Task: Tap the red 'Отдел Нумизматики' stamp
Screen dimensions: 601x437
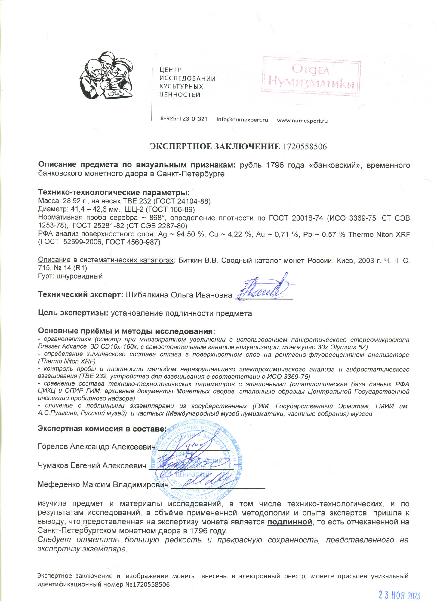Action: (x=311, y=76)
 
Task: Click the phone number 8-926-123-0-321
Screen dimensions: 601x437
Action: (x=183, y=119)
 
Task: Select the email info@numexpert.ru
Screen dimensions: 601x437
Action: (x=242, y=120)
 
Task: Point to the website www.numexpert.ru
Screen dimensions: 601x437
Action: (x=302, y=121)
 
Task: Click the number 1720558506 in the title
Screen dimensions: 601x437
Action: (x=304, y=147)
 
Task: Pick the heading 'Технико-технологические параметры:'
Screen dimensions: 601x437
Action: (x=114, y=192)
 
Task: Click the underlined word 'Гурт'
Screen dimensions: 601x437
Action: (x=45, y=276)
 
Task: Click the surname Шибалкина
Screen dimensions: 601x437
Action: (x=147, y=295)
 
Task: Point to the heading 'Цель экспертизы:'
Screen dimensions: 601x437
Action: (x=73, y=313)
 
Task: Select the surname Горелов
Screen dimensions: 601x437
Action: (x=53, y=447)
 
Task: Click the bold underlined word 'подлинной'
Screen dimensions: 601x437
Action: (x=290, y=522)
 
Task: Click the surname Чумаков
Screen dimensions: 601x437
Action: (x=53, y=465)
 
